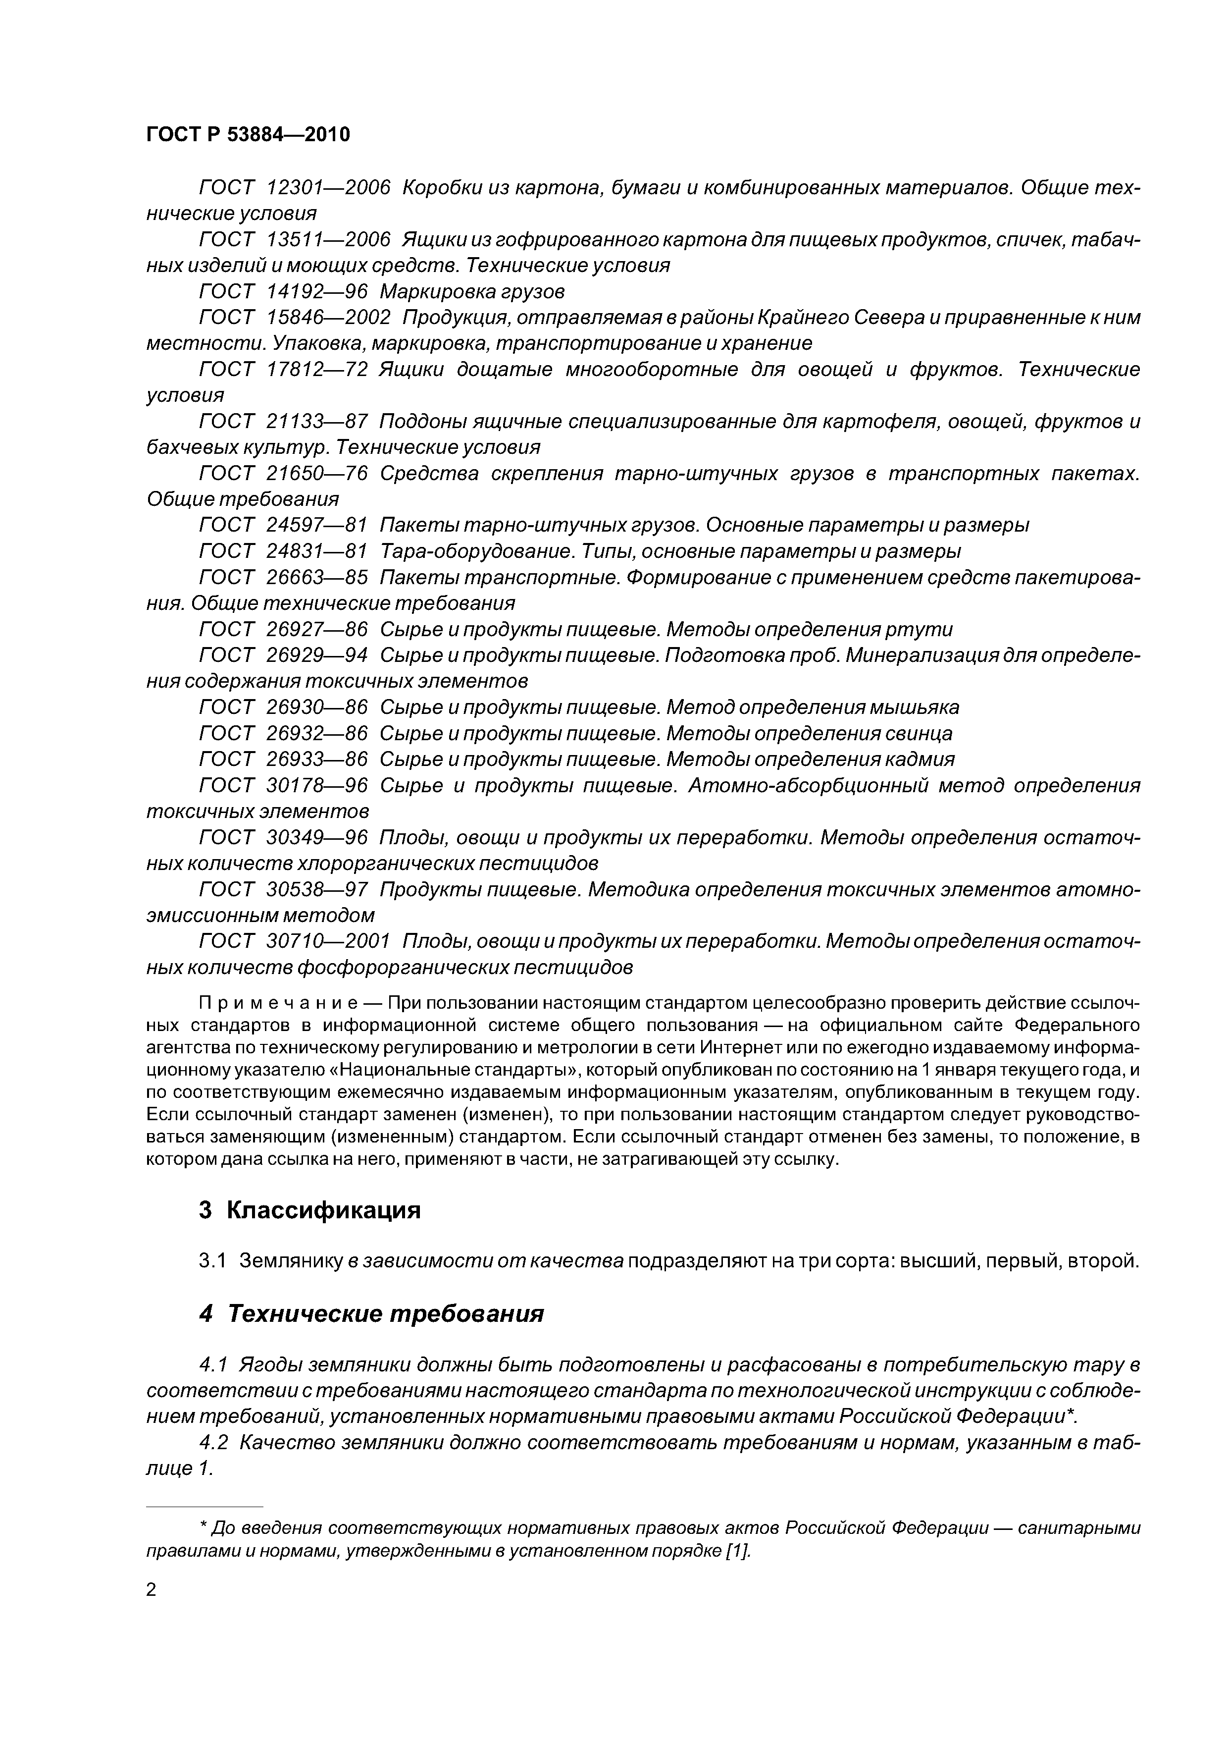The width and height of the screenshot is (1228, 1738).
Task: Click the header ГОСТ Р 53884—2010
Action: point(248,135)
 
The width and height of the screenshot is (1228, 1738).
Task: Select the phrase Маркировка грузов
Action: point(472,291)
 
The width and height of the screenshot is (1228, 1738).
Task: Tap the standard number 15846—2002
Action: point(328,317)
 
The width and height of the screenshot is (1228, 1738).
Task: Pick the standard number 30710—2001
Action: point(328,942)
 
